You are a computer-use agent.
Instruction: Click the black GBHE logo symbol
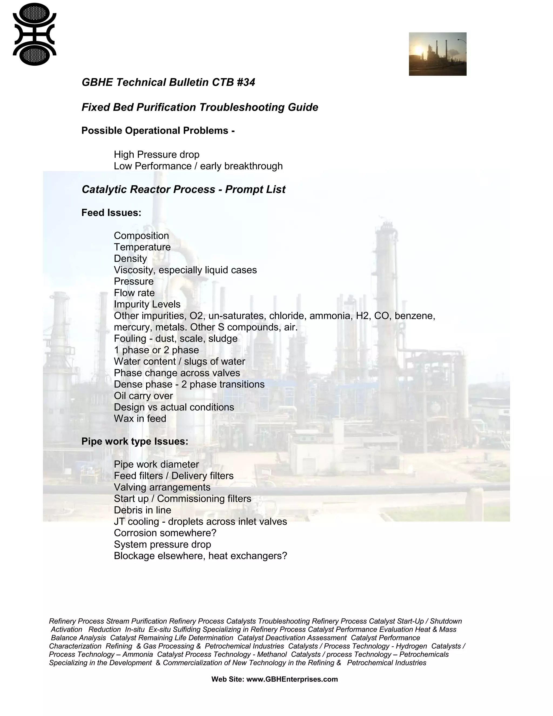(x=34, y=34)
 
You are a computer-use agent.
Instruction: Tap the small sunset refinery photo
(x=437, y=54)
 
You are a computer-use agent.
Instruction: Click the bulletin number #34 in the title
(x=245, y=82)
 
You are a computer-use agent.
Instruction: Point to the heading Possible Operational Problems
(x=158, y=131)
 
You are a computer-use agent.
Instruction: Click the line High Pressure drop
(x=156, y=154)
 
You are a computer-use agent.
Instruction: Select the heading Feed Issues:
(x=111, y=213)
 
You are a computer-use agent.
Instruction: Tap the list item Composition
(x=141, y=236)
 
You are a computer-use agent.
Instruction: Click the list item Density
(x=130, y=259)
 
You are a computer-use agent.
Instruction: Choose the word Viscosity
(x=134, y=270)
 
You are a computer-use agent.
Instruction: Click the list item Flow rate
(x=134, y=293)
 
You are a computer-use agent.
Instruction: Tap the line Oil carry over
(x=143, y=396)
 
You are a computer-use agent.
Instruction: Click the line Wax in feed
(x=140, y=419)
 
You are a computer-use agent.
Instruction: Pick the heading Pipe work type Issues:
(x=135, y=441)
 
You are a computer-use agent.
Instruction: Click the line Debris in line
(x=142, y=510)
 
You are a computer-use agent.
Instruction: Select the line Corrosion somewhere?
(x=165, y=533)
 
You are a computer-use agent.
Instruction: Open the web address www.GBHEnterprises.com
(x=292, y=679)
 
